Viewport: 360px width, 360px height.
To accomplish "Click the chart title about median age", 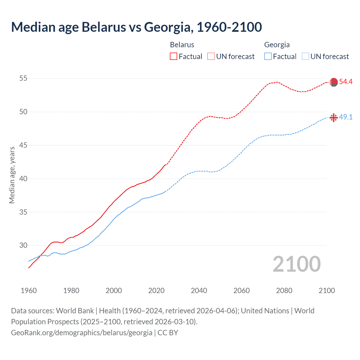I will click(136, 27).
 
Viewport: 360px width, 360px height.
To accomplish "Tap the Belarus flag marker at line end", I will click(334, 82).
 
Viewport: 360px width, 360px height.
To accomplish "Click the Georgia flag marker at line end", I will click(334, 118).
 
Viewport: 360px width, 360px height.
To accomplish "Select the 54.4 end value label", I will click(346, 82).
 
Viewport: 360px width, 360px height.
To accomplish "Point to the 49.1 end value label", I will click(346, 117).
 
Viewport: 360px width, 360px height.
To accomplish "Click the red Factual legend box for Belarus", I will click(174, 57).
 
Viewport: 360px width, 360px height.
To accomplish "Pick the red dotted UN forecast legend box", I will click(211, 57).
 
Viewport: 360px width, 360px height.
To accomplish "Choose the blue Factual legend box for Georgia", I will click(268, 57).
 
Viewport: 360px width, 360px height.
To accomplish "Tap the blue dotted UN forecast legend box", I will click(305, 57).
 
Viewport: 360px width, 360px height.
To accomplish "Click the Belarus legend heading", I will click(182, 45).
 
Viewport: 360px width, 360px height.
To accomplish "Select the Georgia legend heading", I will click(277, 45).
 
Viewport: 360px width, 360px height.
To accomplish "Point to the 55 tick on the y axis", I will click(23, 78).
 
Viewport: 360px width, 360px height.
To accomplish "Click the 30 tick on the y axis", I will click(23, 246).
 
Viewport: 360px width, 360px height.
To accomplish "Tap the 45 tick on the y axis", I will click(23, 145).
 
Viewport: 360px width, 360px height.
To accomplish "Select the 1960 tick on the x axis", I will click(29, 291).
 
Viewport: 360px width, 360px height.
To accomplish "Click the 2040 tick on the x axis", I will click(199, 291).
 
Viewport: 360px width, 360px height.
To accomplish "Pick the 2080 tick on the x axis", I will click(284, 291).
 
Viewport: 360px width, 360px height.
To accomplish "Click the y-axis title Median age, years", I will click(12, 175).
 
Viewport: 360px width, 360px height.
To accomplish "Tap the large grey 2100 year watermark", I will click(296, 264).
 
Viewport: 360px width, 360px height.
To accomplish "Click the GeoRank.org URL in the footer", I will click(82, 333).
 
